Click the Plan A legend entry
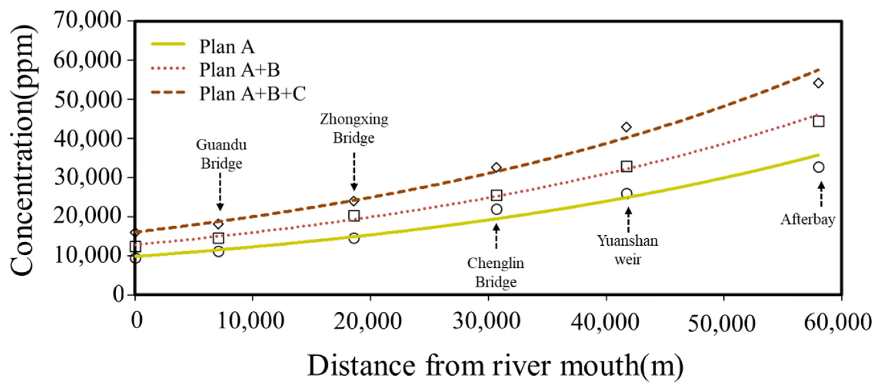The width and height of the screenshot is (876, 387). (x=227, y=47)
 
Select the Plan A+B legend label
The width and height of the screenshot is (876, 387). (x=239, y=70)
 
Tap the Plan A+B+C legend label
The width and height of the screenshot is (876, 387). (x=252, y=93)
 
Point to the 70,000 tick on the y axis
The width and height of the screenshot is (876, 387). (x=87, y=21)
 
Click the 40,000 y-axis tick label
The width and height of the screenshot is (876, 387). (x=87, y=138)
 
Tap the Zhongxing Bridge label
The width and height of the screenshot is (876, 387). (x=354, y=129)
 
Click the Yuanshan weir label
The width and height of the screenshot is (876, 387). (x=628, y=250)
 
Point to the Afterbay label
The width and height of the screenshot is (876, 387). (x=808, y=219)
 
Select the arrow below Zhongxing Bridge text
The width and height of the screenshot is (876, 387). (x=354, y=172)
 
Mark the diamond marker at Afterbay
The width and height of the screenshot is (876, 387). (x=818, y=83)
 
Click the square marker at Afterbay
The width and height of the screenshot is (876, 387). (x=818, y=121)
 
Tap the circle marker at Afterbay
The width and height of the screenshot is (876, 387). (x=818, y=167)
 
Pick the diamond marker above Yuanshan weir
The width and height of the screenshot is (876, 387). (x=626, y=127)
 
